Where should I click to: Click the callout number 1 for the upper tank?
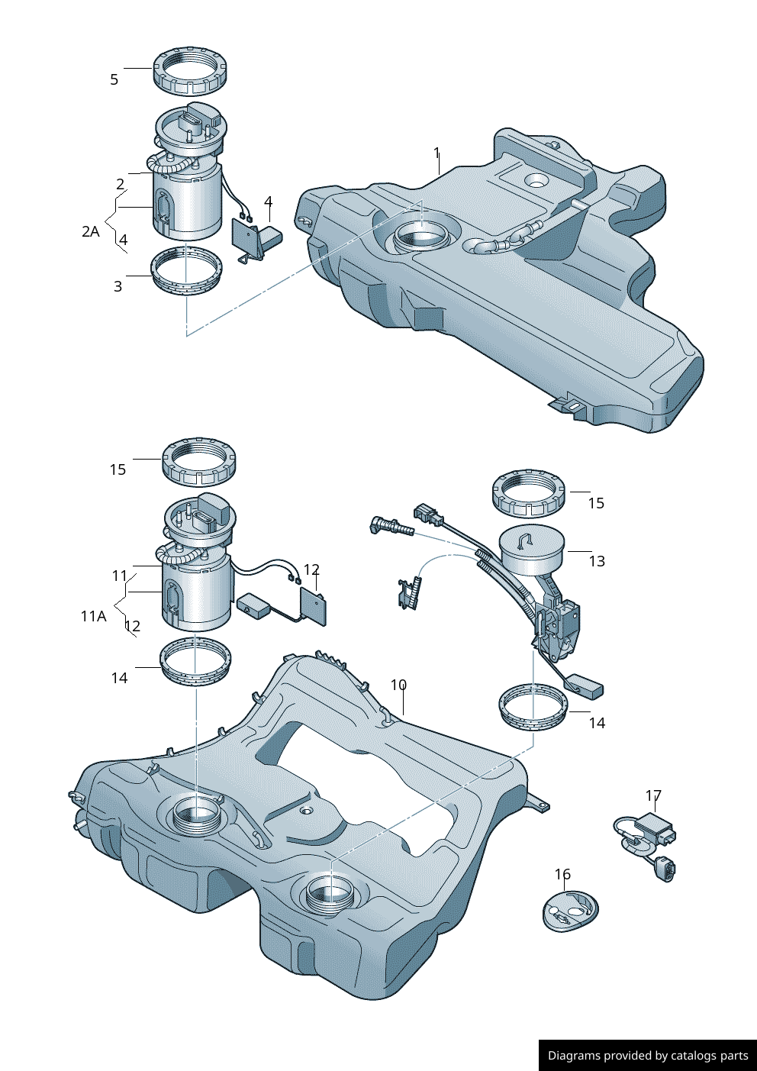point(437,153)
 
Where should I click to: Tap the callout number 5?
point(114,79)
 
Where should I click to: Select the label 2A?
point(91,231)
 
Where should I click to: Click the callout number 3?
point(118,286)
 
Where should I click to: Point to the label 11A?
point(93,615)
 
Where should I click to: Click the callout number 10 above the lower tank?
point(398,685)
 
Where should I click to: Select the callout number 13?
point(597,561)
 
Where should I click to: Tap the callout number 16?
point(562,874)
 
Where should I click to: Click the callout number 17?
point(653,795)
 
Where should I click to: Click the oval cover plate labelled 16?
point(570,910)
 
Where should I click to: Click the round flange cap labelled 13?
point(532,551)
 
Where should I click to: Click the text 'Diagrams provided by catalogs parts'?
point(648,1056)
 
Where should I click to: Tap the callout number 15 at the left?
point(118,469)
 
